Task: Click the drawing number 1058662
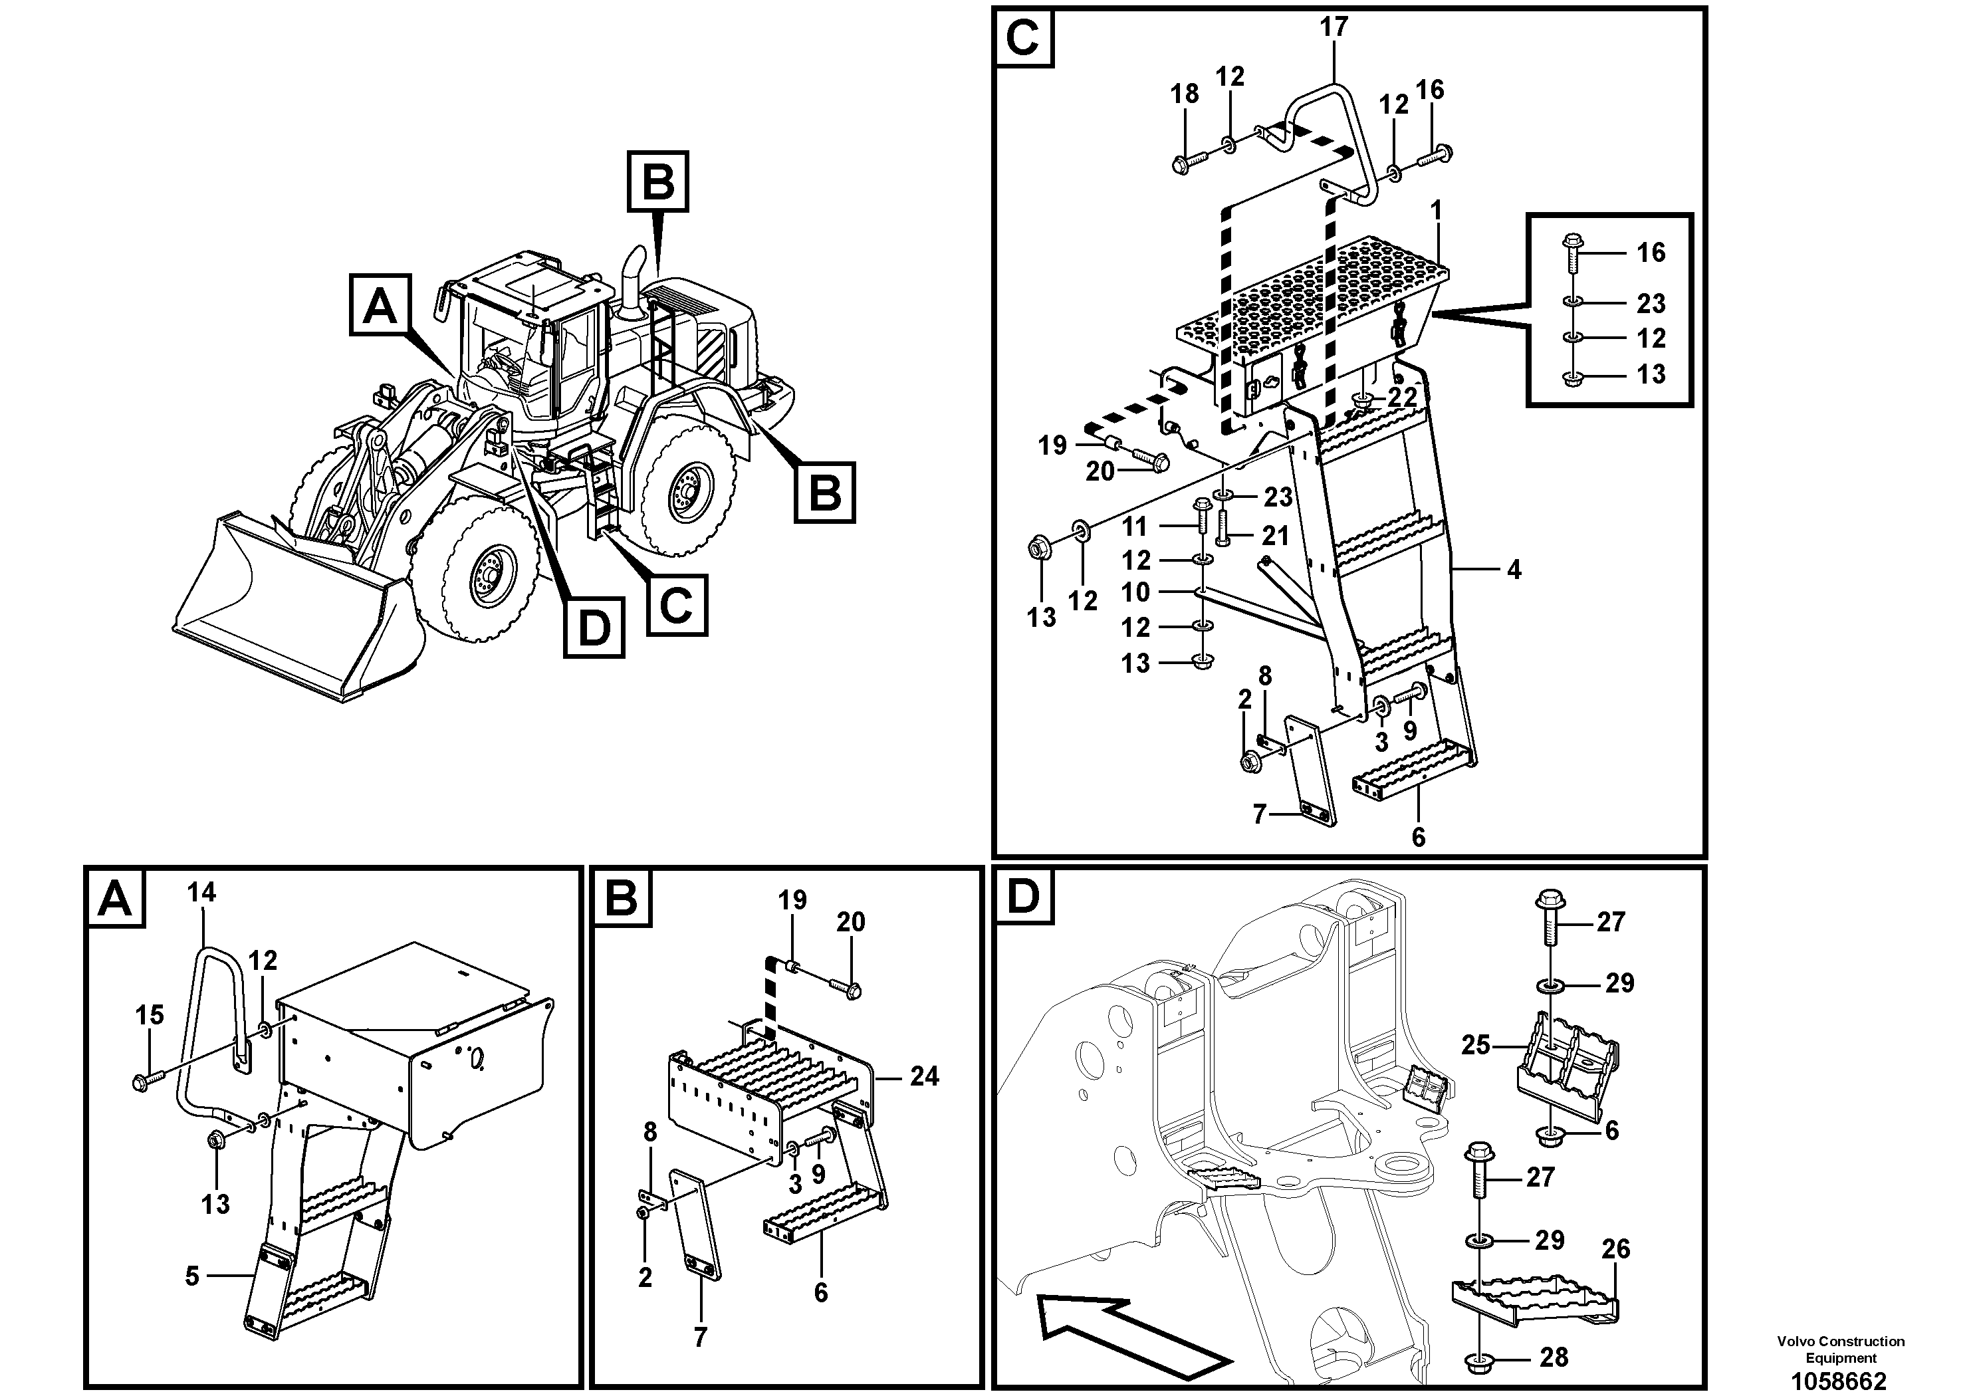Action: coord(1839,1380)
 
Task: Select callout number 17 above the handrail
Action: coord(1334,27)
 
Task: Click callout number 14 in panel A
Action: coord(201,892)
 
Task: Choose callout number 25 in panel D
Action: coord(1476,1045)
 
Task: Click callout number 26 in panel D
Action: coord(1615,1248)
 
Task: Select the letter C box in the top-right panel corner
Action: coord(1023,39)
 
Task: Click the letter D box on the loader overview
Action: coord(594,628)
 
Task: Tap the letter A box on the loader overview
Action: coord(380,305)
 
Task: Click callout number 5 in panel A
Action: coord(191,1276)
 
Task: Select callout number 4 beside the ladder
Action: coord(1514,569)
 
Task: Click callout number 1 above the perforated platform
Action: coord(1435,210)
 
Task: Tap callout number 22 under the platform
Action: coord(1403,398)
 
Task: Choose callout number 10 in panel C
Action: coord(1135,592)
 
